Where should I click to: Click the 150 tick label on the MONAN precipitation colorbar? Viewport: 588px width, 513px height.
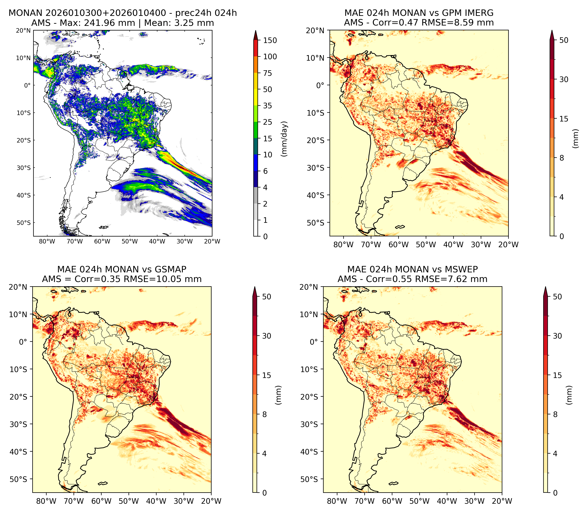(270, 40)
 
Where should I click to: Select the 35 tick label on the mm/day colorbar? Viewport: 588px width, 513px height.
(268, 106)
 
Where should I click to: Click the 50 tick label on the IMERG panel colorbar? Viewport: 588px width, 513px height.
(564, 40)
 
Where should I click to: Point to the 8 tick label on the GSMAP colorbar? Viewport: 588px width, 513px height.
(264, 414)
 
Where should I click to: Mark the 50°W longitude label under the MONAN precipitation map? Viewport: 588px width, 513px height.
(129, 241)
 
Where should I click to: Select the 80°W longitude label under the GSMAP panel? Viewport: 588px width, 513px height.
(46, 501)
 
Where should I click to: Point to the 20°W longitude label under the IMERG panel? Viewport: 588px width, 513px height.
(508, 245)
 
